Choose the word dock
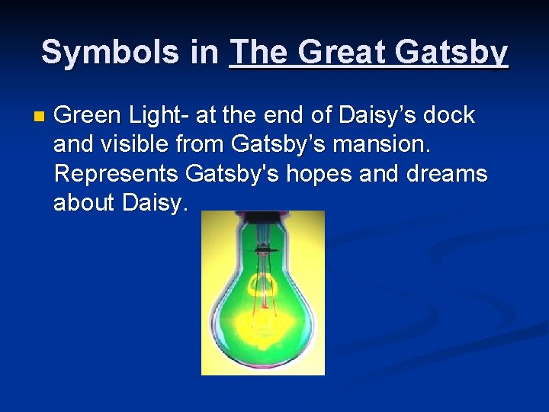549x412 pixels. coord(450,116)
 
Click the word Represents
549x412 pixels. coord(116,174)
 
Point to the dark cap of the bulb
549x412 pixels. coord(265,249)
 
